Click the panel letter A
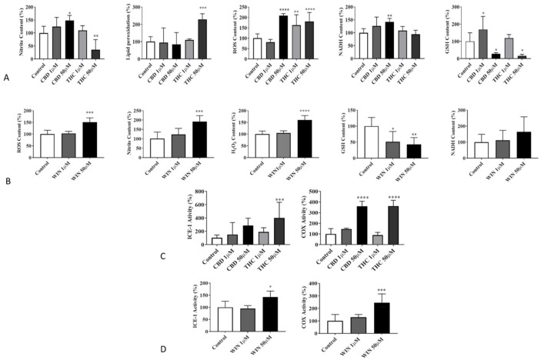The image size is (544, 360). pyautogui.click(x=7, y=78)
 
